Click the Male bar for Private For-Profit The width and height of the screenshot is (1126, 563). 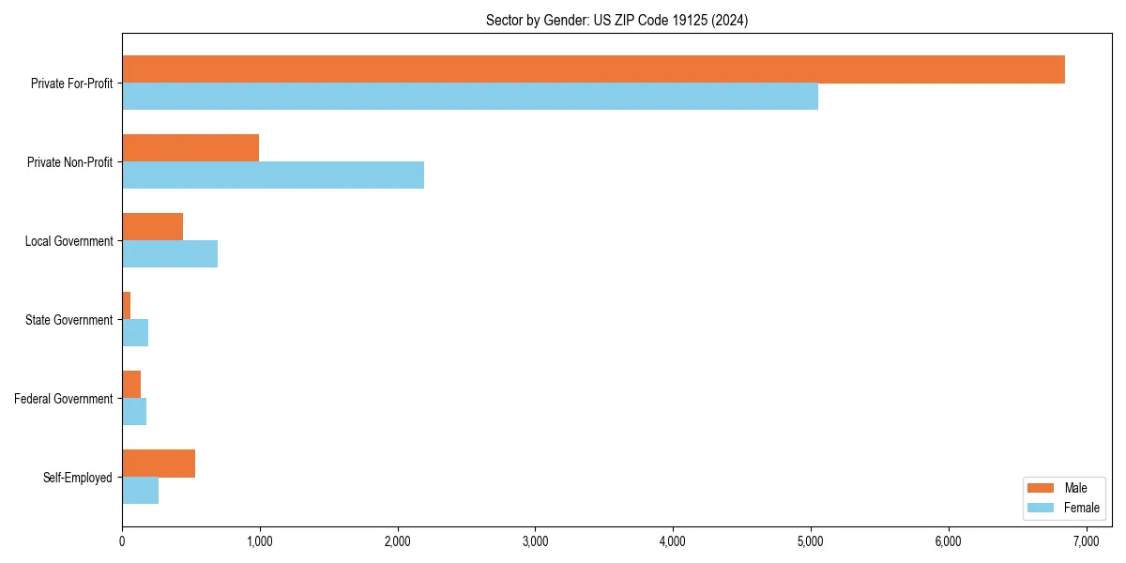pos(593,69)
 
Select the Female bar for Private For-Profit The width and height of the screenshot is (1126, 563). pos(469,97)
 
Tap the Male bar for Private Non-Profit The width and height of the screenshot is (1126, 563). pos(190,148)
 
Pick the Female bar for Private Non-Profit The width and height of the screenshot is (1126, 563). pos(273,175)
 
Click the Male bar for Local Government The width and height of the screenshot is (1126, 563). pos(152,227)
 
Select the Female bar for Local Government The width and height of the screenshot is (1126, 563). pos(170,254)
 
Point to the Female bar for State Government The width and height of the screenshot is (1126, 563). pos(135,333)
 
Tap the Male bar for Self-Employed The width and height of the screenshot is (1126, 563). pos(159,464)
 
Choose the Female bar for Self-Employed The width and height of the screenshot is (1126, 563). pos(140,491)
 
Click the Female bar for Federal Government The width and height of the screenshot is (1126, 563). pos(134,412)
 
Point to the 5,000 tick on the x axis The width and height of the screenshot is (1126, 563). pos(811,541)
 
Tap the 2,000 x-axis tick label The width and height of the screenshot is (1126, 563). pos(398,541)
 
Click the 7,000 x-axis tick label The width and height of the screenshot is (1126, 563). pos(1087,541)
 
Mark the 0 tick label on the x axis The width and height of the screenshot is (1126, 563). pos(122,541)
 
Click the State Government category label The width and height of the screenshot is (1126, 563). pos(68,320)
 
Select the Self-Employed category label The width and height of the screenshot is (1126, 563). pos(77,478)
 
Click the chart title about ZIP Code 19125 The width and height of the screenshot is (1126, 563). pos(616,20)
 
